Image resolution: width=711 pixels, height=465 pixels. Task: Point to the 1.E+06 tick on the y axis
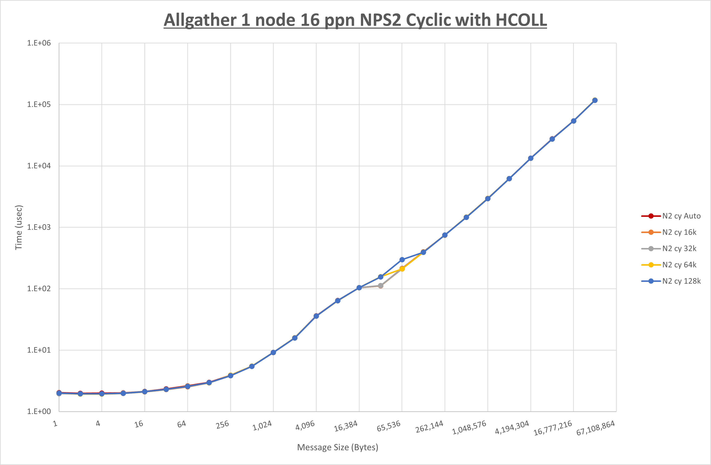pyautogui.click(x=39, y=43)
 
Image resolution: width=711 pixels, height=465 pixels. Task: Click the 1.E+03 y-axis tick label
pyautogui.click(x=39, y=227)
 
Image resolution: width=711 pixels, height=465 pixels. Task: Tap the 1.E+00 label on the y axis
pyautogui.click(x=39, y=412)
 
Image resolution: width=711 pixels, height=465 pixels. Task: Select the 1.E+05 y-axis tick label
pyautogui.click(x=39, y=104)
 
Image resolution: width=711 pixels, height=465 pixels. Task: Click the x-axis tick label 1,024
pyautogui.click(x=262, y=426)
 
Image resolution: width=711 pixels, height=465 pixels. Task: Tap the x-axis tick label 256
pyautogui.click(x=222, y=425)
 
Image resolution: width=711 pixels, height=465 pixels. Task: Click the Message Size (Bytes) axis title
pyautogui.click(x=338, y=447)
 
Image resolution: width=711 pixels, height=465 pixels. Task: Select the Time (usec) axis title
pyautogui.click(x=19, y=227)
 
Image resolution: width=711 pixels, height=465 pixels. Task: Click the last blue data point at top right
pyautogui.click(x=595, y=100)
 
